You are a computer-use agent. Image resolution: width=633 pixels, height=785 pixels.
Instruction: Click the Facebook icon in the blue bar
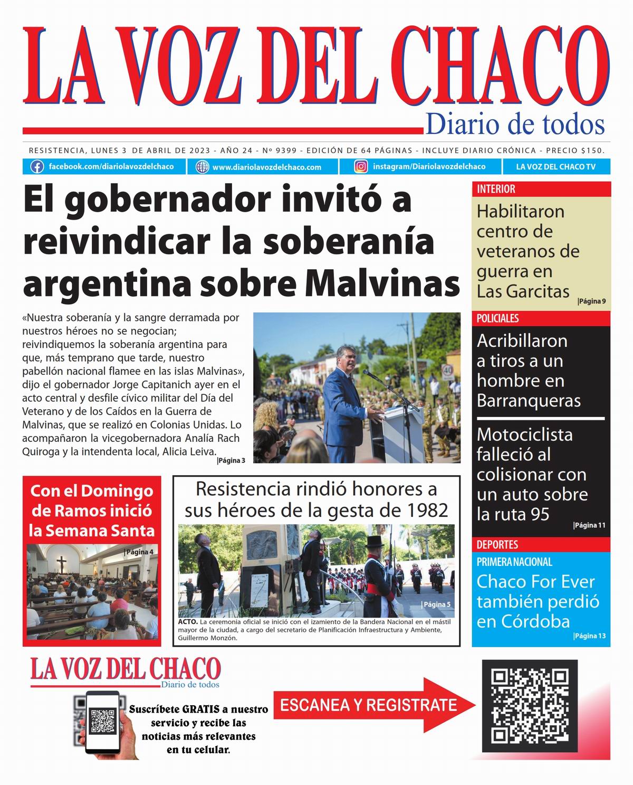tap(37, 167)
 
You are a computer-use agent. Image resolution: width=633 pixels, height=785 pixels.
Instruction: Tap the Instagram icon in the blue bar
tap(361, 167)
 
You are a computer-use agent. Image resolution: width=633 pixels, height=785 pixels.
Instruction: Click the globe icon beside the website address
tap(202, 167)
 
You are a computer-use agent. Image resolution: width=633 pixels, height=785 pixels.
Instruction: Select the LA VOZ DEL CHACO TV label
tap(555, 167)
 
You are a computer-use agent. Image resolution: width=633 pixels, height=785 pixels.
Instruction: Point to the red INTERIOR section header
tap(496, 189)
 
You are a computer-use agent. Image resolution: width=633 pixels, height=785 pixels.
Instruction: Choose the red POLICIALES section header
tap(498, 318)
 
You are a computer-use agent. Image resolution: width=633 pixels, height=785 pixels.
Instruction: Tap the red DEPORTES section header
tap(497, 544)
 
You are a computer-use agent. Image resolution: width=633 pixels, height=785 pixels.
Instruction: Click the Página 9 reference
tap(591, 301)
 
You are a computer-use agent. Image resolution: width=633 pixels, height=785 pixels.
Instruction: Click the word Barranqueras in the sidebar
tap(529, 401)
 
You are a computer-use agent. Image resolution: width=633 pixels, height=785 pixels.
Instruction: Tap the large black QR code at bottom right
tap(530, 706)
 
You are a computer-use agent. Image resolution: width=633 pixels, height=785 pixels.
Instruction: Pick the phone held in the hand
tap(103, 722)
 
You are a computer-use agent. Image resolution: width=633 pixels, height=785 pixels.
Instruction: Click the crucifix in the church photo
tap(61, 563)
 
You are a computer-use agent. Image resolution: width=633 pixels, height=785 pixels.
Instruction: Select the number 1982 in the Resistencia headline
tap(428, 510)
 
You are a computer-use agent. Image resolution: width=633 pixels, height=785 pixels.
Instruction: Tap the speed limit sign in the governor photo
tap(448, 371)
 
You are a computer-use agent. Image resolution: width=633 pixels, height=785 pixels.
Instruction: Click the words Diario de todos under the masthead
tap(515, 125)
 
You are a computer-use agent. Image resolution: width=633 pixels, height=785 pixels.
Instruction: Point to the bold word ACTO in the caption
tap(188, 622)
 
